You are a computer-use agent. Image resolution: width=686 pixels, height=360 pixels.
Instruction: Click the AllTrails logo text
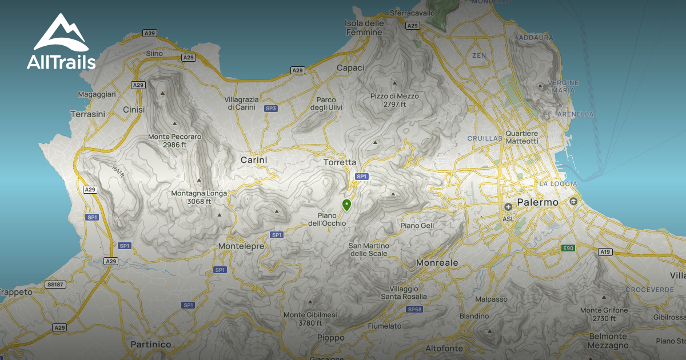coord(61,62)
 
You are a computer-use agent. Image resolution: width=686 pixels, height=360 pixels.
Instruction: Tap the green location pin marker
coord(346,205)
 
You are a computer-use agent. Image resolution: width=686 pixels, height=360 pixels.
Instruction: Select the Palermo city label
coord(537,202)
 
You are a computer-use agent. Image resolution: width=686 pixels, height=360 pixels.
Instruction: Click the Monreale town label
coord(437,262)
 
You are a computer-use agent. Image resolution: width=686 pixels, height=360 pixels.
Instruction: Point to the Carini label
coord(254,160)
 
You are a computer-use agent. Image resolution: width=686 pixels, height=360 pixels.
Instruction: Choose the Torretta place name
coord(340,162)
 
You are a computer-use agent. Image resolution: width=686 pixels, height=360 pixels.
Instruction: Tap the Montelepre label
coord(241,246)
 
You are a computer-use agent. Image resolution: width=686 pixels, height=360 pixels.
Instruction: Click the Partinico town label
coord(151,344)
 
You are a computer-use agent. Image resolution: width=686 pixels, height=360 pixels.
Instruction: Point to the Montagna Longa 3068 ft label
coord(199,197)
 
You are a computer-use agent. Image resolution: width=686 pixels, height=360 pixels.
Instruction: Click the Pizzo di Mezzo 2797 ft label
coord(394,100)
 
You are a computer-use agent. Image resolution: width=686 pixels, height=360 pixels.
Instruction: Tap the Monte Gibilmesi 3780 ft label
coord(310,319)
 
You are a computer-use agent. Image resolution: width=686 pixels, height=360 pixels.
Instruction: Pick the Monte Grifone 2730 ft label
coord(604,314)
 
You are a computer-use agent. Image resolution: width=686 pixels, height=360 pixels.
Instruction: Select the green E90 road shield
coord(568,248)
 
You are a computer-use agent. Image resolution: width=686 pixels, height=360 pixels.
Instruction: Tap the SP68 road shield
coord(414,309)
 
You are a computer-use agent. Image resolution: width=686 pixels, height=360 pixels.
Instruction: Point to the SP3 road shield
coord(271,108)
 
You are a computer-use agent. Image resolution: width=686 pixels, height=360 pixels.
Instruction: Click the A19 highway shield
coord(605,251)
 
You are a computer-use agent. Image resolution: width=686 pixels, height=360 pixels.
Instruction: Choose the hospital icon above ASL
coord(508,206)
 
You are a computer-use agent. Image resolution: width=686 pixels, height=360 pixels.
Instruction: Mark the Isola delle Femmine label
coord(364,27)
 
